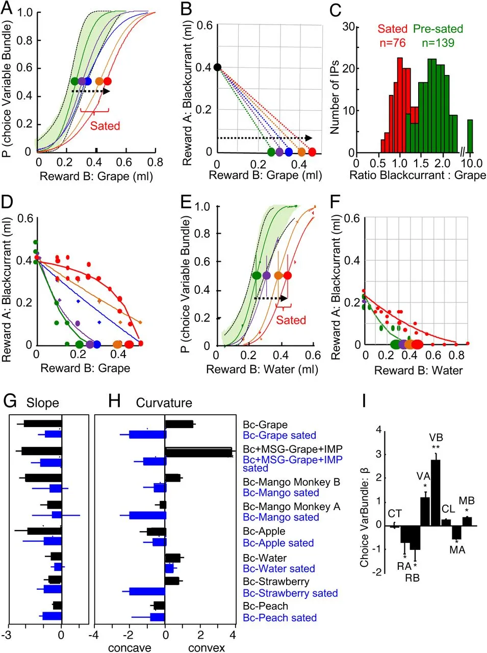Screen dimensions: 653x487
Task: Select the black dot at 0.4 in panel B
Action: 217,67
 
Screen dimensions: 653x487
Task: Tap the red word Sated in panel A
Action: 105,125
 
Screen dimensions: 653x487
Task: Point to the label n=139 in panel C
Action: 438,42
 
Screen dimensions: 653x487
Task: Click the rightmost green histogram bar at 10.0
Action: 470,136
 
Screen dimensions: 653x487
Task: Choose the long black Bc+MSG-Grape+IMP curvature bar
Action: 199,452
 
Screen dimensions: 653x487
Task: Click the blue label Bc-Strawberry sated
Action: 290,593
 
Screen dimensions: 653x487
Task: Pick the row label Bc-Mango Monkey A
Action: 291,507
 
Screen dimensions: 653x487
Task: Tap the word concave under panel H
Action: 130,648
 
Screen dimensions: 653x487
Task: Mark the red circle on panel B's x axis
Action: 312,152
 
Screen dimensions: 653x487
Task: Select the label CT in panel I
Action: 394,514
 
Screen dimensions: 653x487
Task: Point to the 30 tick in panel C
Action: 348,27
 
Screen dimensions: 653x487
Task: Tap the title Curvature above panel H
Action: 164,403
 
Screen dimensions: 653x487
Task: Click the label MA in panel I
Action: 457,549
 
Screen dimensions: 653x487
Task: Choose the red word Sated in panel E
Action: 291,320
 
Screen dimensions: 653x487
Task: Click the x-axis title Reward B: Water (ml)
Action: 262,369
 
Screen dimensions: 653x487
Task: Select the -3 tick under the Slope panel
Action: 6,635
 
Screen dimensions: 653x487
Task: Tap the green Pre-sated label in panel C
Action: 438,29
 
